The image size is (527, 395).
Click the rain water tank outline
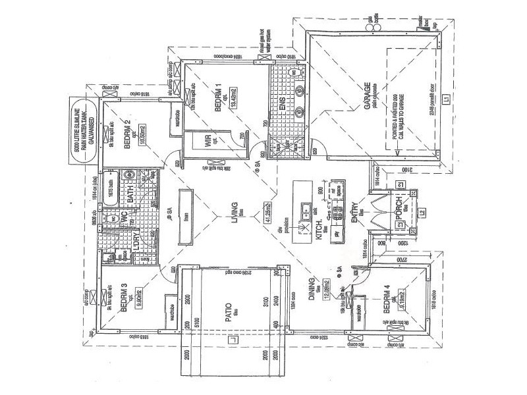click(x=84, y=128)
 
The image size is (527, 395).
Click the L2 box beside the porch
click(x=422, y=211)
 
